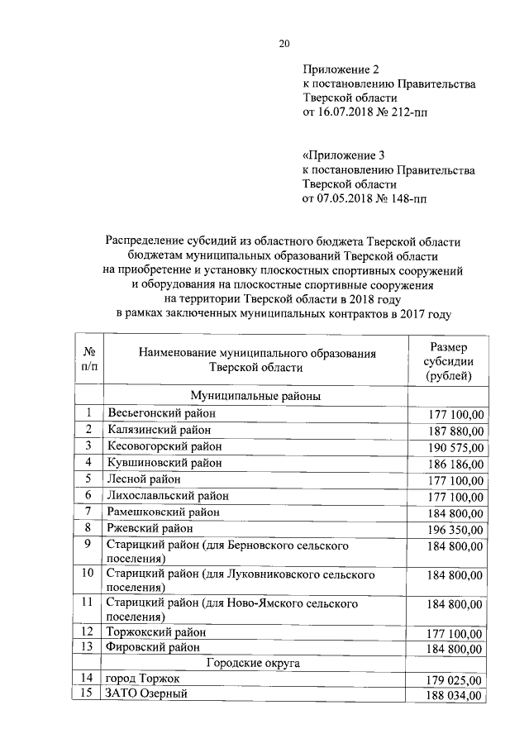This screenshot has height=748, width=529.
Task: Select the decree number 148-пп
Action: (405, 198)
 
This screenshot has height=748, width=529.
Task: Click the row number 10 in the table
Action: (86, 573)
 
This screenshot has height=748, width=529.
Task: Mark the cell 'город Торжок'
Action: (141, 678)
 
